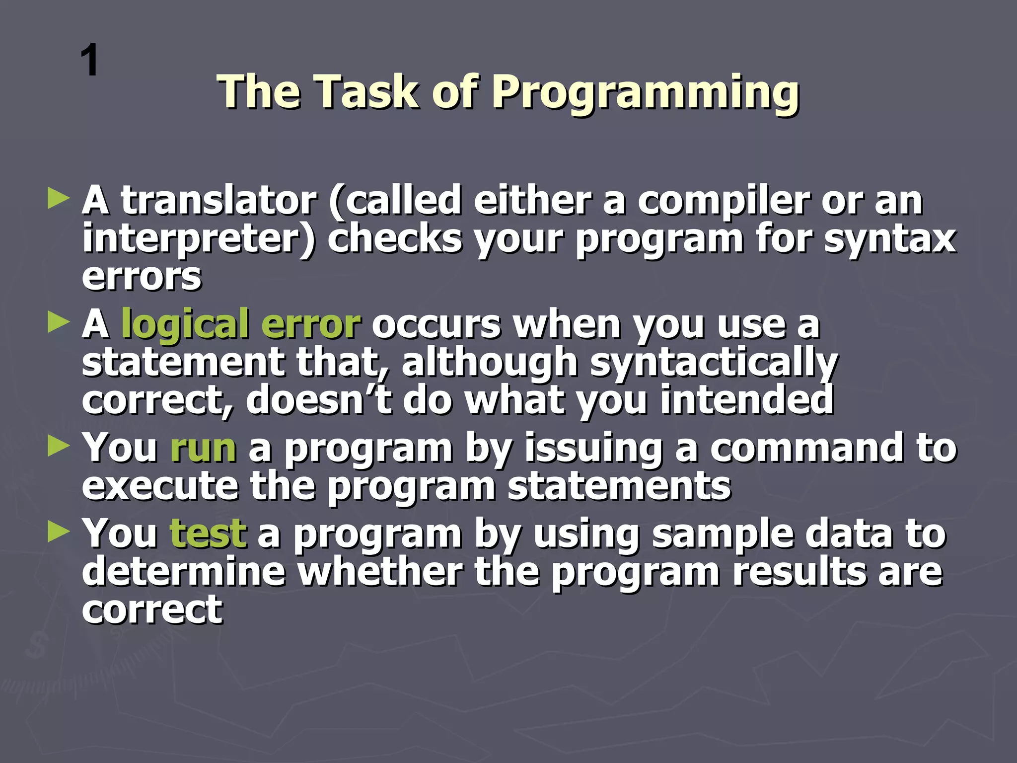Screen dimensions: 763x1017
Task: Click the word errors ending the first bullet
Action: pos(142,277)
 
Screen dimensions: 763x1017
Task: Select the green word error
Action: pos(310,324)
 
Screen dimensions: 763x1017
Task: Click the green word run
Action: pos(203,449)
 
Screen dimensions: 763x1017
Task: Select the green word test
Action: pos(208,534)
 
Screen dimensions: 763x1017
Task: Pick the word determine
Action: pos(184,571)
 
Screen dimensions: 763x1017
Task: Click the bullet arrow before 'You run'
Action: pos(59,446)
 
